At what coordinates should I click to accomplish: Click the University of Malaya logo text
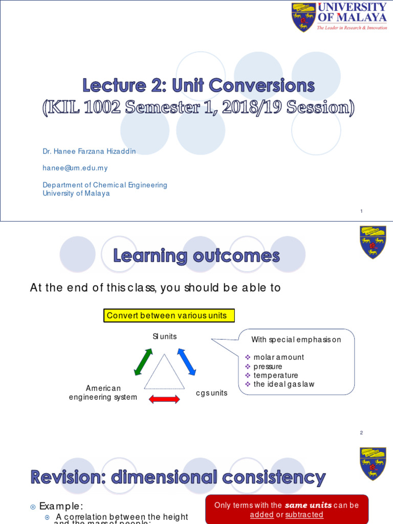[352, 13]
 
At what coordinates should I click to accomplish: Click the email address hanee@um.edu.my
[75, 168]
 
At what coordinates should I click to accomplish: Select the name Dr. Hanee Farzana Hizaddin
[89, 151]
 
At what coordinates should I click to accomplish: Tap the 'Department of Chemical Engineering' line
[105, 185]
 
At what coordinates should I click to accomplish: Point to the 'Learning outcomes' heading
[196, 255]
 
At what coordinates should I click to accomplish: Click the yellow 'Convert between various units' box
[169, 316]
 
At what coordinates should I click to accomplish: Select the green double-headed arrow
[143, 362]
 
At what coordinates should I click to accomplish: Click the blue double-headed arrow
[187, 362]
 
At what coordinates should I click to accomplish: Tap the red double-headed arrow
[164, 399]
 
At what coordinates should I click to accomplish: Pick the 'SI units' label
[164, 336]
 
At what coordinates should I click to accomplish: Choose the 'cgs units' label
[211, 393]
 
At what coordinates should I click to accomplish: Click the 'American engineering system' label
[103, 393]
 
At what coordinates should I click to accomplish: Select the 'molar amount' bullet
[278, 357]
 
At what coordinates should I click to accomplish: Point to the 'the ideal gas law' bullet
[283, 384]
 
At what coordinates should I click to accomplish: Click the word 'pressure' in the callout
[268, 366]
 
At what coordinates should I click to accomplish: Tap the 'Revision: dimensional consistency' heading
[178, 477]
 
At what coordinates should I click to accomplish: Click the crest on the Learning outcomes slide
[373, 242]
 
